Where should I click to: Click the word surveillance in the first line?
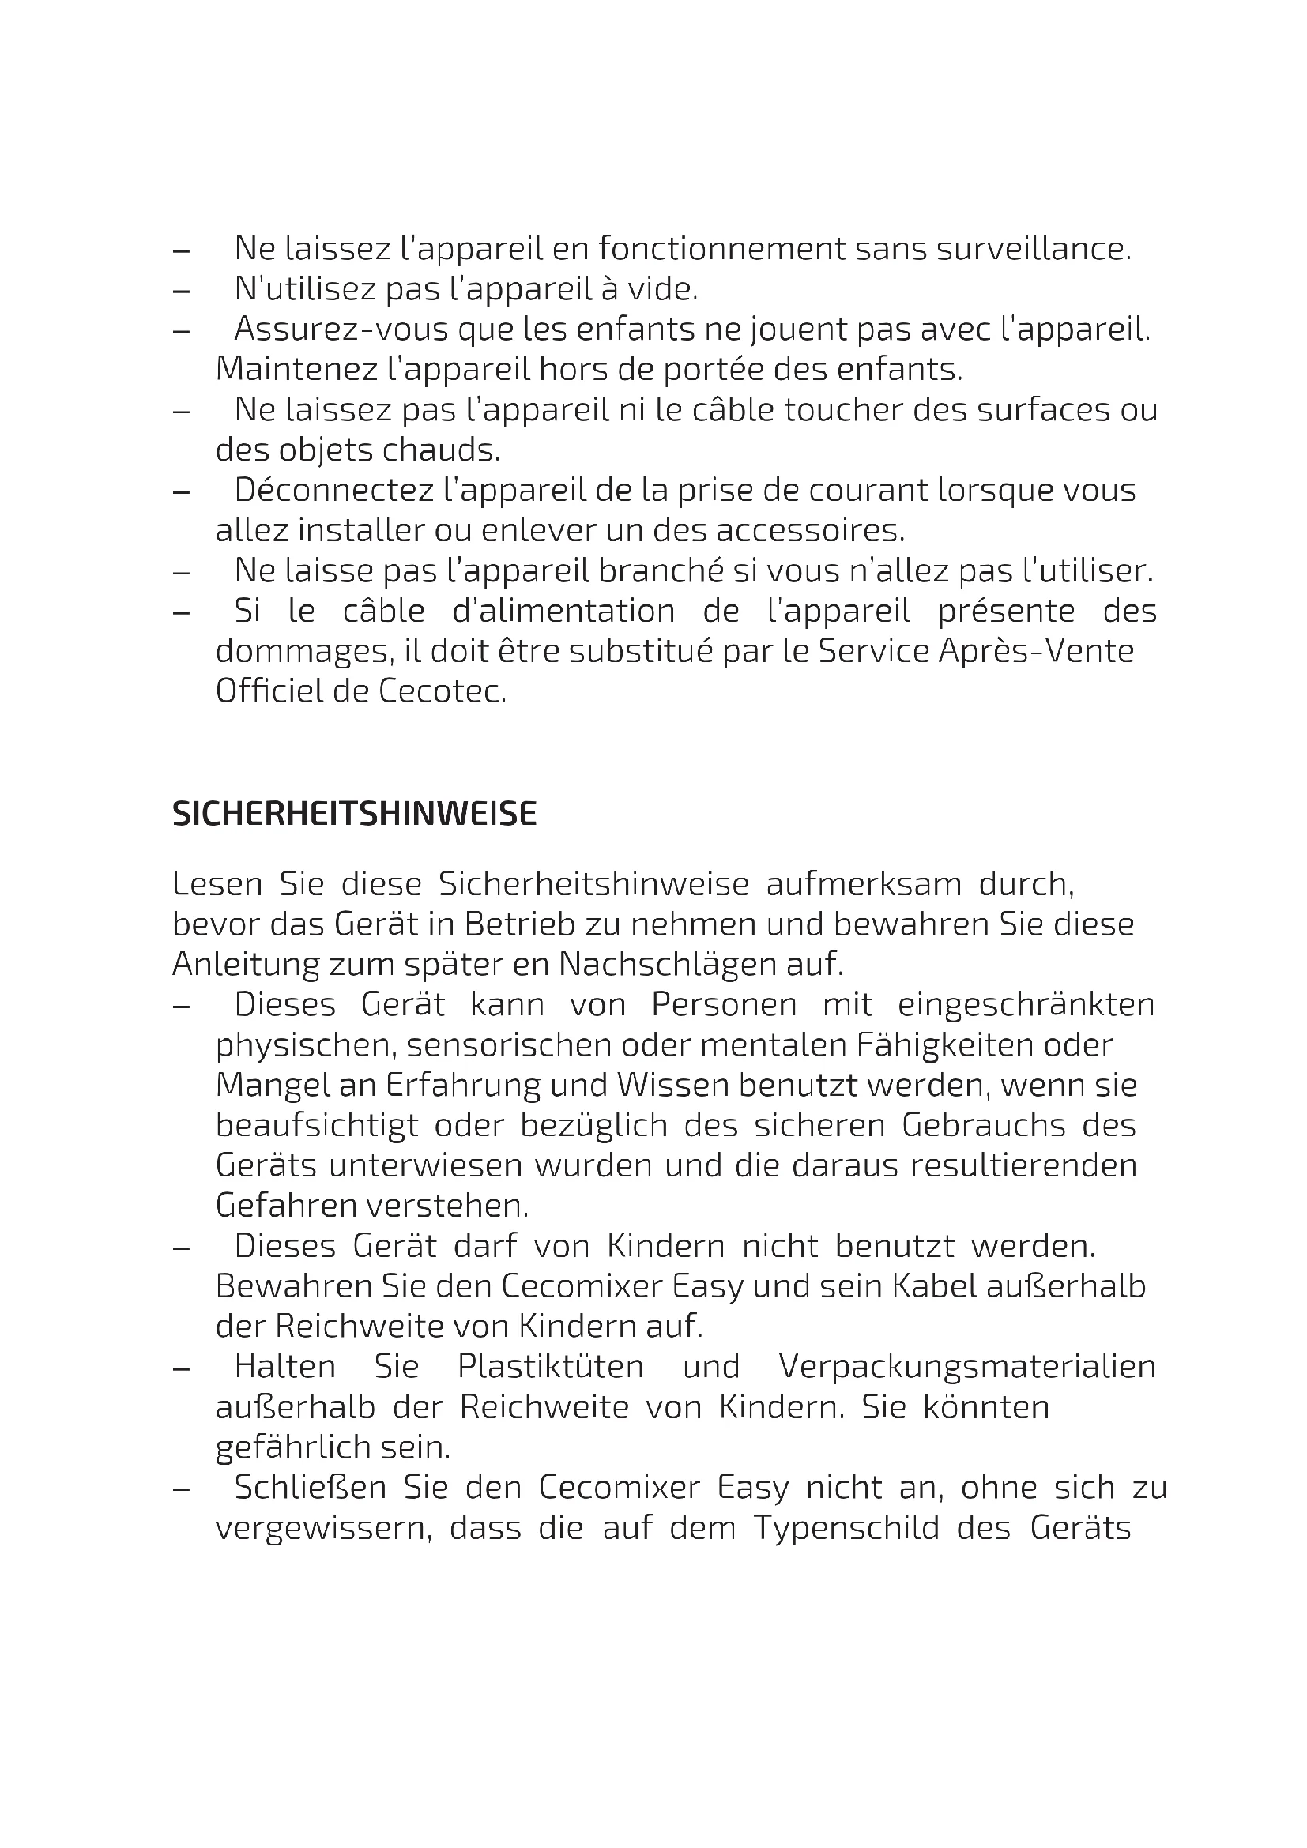pos(1033,249)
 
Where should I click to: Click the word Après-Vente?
pos(1036,651)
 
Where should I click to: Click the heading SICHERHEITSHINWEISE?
pos(354,815)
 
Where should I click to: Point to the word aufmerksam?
pos(864,885)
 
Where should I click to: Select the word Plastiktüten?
pos(551,1367)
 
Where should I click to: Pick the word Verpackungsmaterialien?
pos(966,1367)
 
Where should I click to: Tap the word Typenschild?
pos(846,1528)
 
